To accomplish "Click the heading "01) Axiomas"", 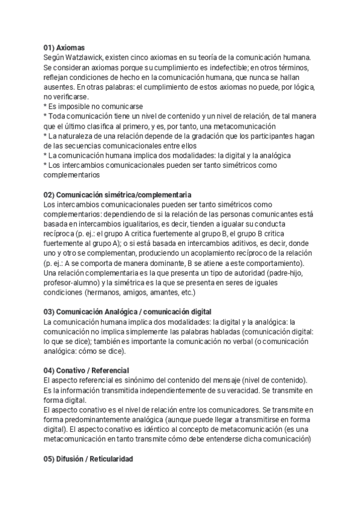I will pyautogui.click(x=64, y=48).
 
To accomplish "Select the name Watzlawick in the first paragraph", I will pyautogui.click(x=86, y=57).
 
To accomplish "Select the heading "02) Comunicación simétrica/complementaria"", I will pyautogui.click(x=117, y=195).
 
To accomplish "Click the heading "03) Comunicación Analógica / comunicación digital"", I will pyautogui.click(x=127, y=312).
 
